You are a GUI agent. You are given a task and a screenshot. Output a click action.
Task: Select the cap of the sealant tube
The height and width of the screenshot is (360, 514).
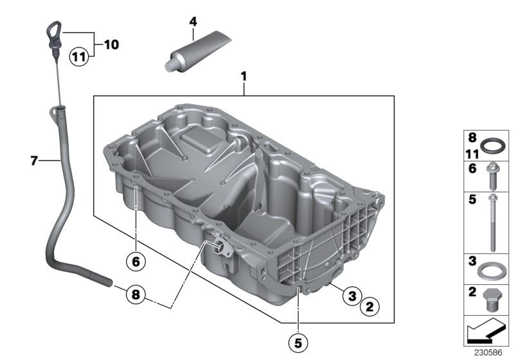click(172, 63)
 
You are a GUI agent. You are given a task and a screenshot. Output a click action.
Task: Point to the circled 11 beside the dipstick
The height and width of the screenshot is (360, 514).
click(78, 57)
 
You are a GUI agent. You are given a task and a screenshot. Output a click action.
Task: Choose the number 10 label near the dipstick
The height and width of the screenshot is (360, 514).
click(111, 44)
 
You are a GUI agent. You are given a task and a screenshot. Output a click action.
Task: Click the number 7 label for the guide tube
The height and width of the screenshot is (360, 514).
click(35, 161)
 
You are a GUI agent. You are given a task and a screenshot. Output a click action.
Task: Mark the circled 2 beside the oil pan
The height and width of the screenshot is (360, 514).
click(368, 307)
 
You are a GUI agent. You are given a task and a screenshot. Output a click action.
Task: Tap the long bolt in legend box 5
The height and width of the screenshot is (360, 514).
click(493, 222)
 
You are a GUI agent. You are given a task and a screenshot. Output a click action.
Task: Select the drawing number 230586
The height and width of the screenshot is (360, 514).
click(492, 353)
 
